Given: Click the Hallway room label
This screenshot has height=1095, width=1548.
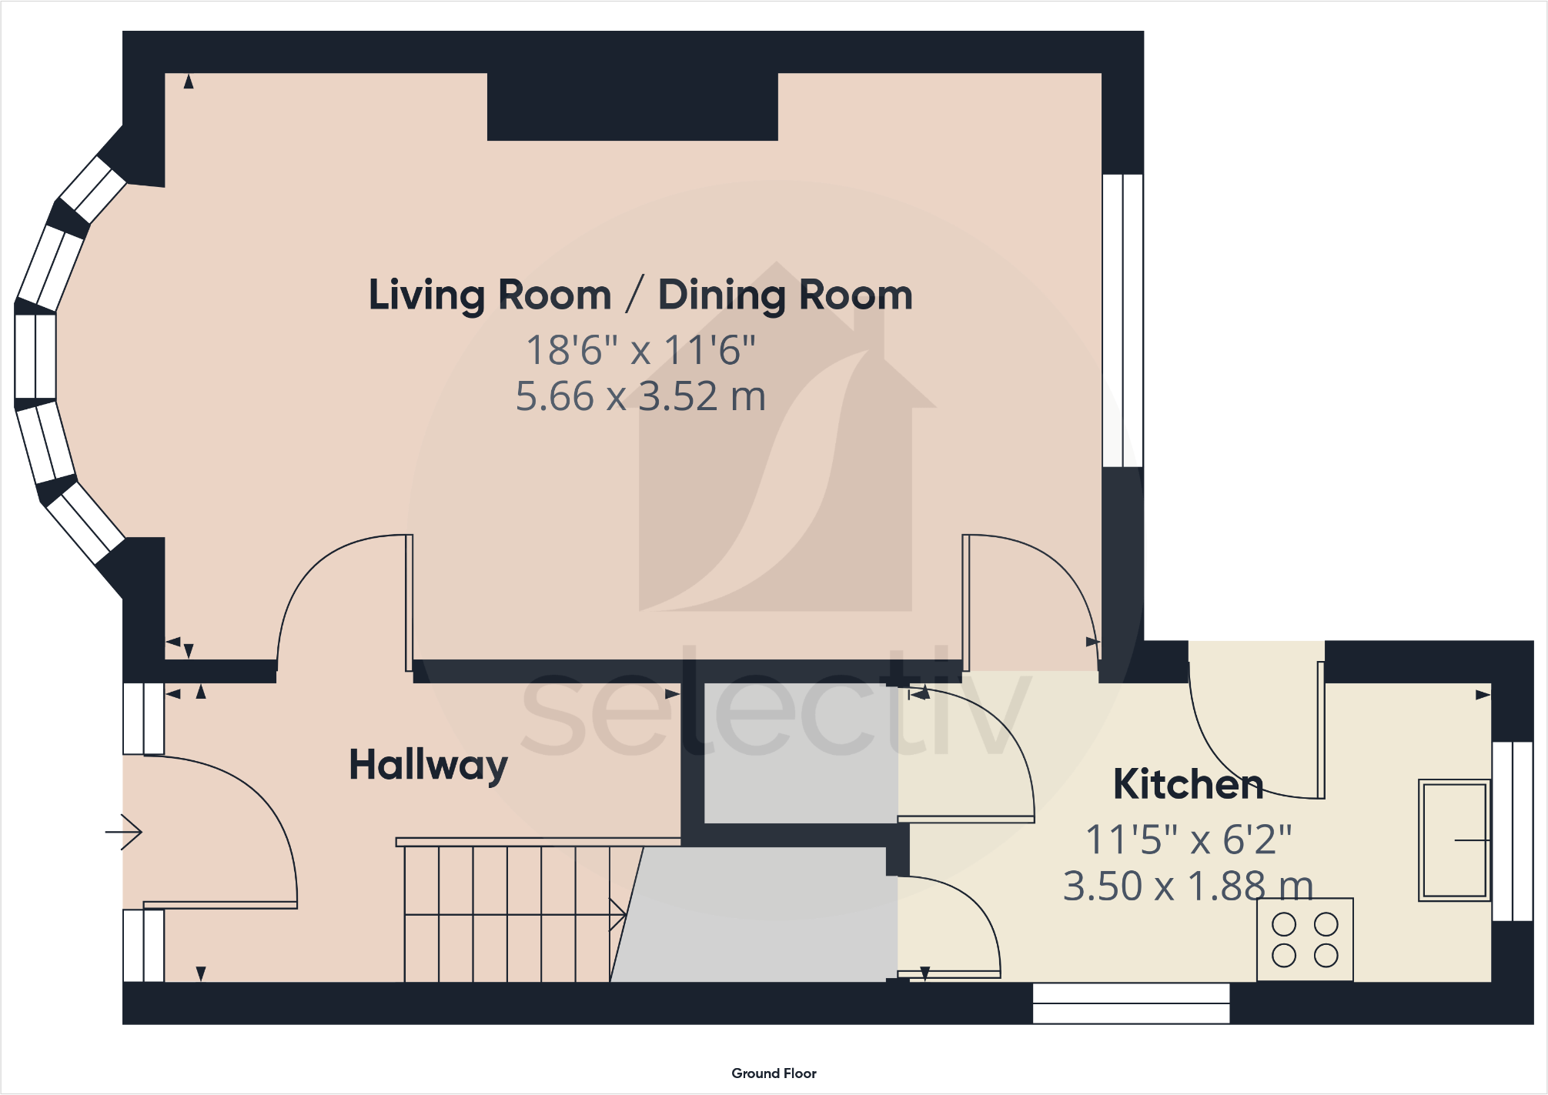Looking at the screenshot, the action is (429, 766).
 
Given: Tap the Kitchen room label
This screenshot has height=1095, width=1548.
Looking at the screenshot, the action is (1189, 784).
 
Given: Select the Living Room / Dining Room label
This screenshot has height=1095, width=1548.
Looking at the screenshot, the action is (640, 295).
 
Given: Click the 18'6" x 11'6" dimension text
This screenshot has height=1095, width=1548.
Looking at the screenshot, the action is (640, 350).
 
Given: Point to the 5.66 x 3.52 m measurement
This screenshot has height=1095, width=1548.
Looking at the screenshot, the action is (640, 396).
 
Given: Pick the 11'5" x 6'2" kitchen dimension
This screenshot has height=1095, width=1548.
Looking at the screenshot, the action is (1189, 840).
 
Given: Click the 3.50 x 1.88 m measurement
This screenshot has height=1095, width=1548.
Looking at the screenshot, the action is (1189, 886).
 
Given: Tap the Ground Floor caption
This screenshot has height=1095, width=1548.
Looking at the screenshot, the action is (774, 1073).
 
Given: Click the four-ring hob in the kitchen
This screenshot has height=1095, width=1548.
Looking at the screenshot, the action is (1305, 940).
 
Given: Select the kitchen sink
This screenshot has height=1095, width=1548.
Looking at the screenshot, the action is (1454, 840).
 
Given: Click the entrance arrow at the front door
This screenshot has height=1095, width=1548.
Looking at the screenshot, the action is (124, 832).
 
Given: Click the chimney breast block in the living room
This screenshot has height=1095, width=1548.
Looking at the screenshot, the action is (633, 107).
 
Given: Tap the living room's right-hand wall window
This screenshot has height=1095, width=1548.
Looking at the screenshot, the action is (1122, 321).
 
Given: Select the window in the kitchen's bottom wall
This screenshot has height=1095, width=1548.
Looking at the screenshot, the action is (1131, 1003).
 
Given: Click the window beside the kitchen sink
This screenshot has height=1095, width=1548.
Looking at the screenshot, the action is (1512, 831).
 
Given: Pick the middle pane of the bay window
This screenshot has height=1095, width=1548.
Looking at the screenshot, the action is (35, 356).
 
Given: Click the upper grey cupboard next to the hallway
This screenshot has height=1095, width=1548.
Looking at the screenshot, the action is (801, 753).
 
